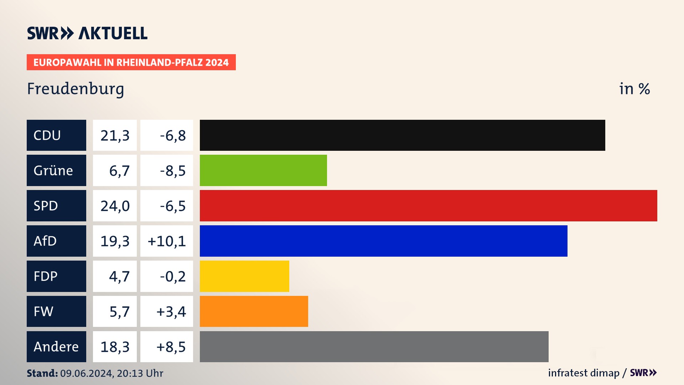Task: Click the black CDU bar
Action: coord(402,135)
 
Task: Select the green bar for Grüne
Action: coord(263,170)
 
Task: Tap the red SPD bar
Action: coord(428,206)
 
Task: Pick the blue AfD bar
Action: coord(383,241)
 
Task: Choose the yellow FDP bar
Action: coord(244,276)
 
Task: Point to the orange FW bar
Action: coord(254,311)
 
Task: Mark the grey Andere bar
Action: coord(374,346)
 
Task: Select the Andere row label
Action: coord(56,346)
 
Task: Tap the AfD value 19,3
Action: coord(115,241)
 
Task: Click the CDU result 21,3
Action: coord(115,135)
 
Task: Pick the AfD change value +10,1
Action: coord(167,241)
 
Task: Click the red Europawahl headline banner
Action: coord(131,62)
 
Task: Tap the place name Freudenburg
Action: coord(76,89)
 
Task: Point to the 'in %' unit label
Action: coord(634,89)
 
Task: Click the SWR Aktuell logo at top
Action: coord(87,33)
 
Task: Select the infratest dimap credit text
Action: coord(584,373)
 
